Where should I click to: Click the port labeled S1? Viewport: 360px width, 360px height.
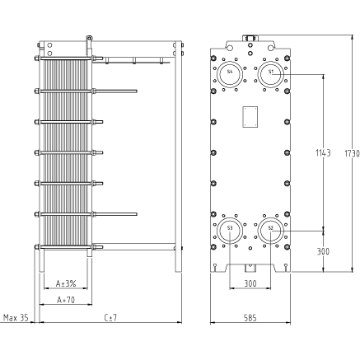click(x=271, y=74)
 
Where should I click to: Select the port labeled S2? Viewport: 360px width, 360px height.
click(x=271, y=231)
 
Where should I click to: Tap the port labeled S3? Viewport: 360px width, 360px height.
click(x=230, y=231)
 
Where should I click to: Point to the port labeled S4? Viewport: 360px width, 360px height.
click(x=230, y=74)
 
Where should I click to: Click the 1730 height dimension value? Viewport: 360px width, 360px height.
click(x=352, y=153)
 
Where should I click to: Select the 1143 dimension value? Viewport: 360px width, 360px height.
click(x=323, y=152)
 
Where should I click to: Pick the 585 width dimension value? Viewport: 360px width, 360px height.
click(x=250, y=318)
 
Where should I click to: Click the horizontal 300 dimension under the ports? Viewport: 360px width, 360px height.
click(x=250, y=283)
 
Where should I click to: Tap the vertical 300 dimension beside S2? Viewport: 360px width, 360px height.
click(x=323, y=251)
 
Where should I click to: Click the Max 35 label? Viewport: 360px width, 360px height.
click(x=16, y=318)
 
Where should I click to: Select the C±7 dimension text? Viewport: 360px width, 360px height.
click(x=110, y=318)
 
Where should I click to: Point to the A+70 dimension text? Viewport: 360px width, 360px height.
click(x=66, y=300)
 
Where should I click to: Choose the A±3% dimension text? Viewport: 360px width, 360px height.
click(x=66, y=283)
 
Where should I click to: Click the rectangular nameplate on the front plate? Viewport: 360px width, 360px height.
click(x=250, y=117)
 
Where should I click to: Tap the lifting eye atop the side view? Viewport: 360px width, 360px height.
click(x=90, y=38)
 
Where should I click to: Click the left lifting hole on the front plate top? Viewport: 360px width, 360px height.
click(x=230, y=48)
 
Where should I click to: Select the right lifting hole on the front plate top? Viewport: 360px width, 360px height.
click(x=271, y=48)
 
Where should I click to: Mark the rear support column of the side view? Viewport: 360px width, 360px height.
click(x=179, y=157)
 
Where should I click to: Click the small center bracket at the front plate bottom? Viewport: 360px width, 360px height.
click(x=250, y=268)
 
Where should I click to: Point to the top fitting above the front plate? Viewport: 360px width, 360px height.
click(x=250, y=38)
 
